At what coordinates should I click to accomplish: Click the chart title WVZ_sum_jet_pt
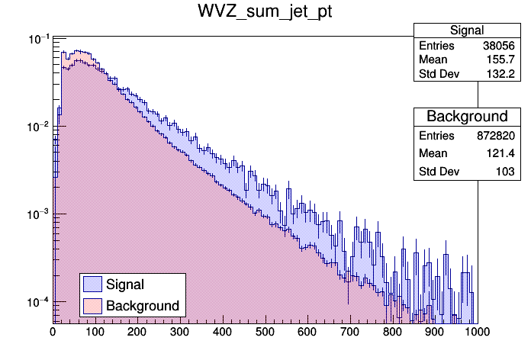(265, 12)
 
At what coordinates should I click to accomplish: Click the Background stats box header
(467, 117)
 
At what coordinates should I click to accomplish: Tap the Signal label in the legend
(125, 284)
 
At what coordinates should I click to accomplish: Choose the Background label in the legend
(143, 306)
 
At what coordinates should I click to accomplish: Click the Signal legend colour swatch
(92, 284)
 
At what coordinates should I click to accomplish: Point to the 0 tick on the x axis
(53, 332)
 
